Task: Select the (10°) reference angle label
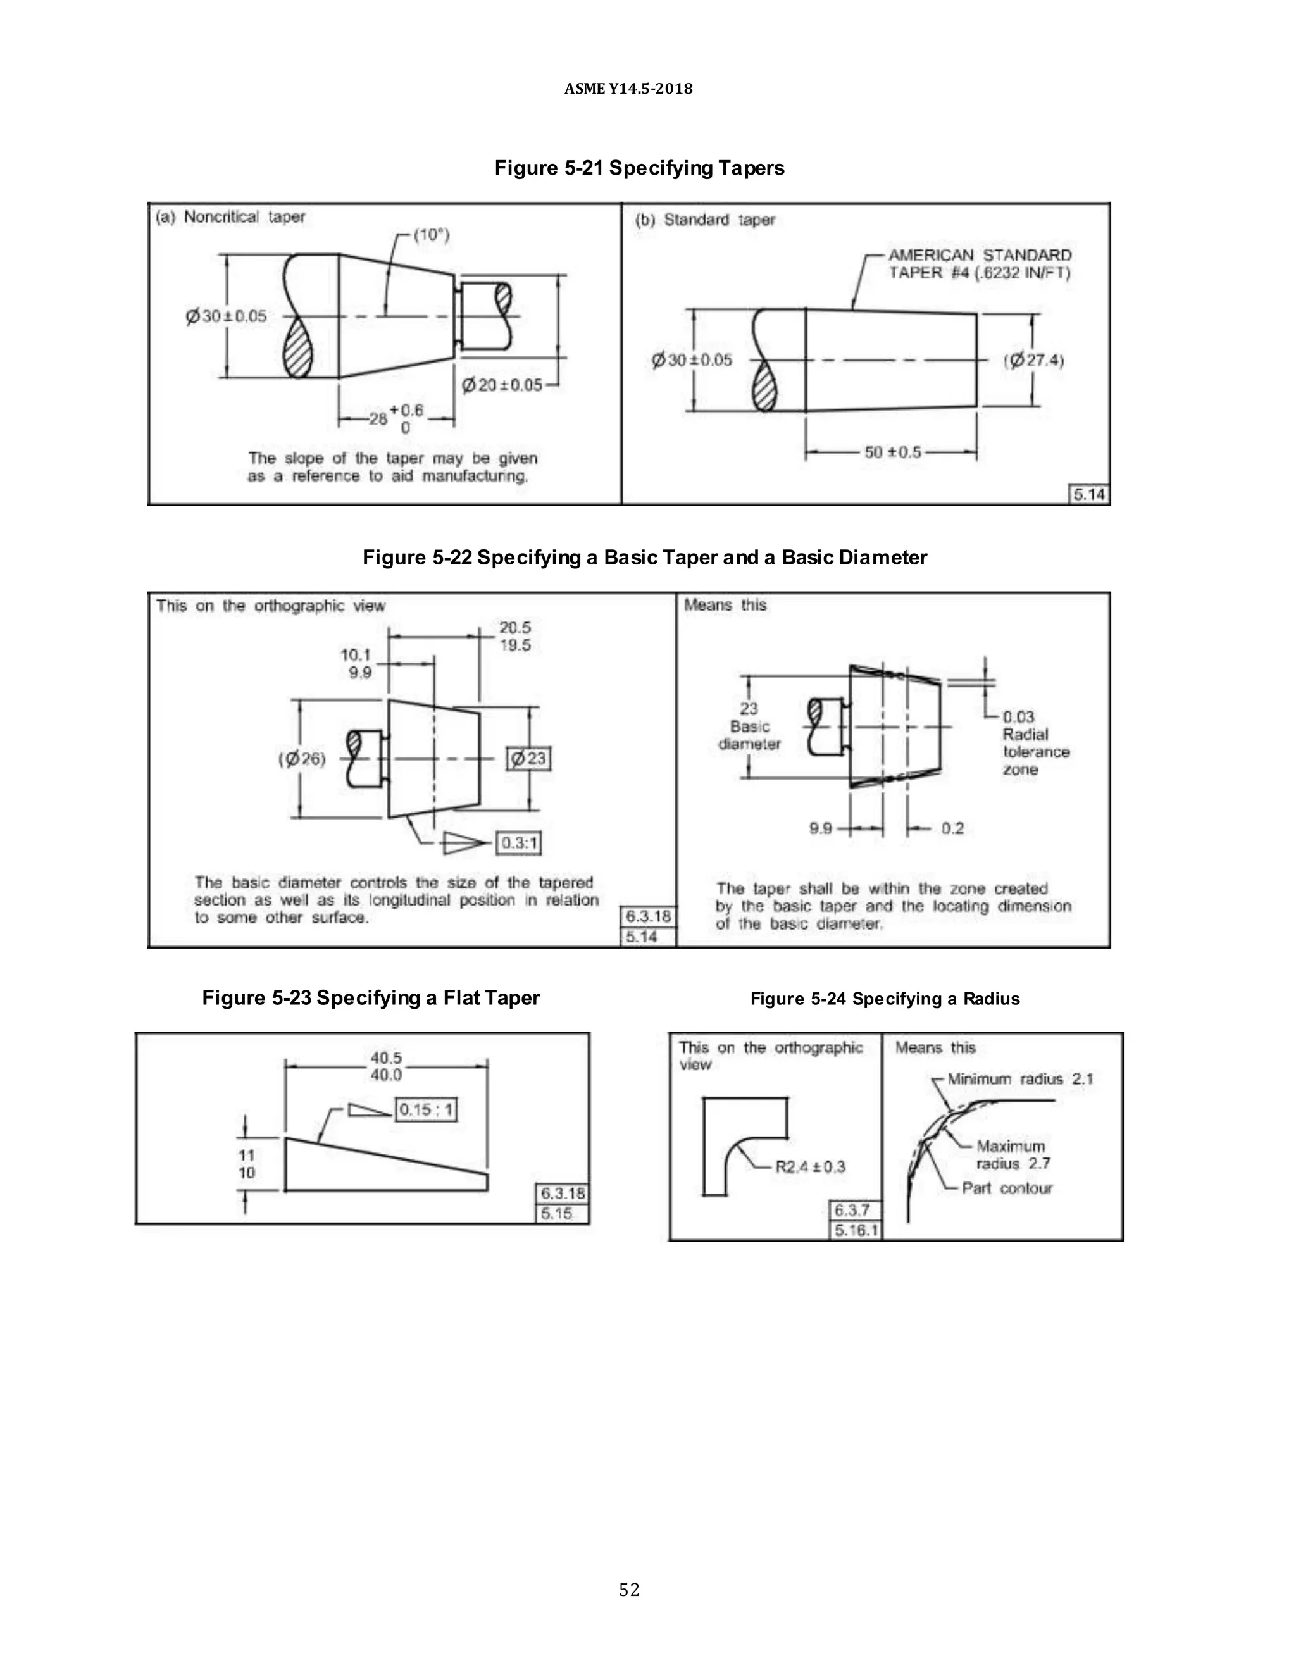click(432, 234)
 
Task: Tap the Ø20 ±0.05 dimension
click(501, 385)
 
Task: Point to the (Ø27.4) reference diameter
click(1033, 360)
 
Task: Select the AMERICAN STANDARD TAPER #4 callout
click(979, 263)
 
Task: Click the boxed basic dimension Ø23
click(529, 759)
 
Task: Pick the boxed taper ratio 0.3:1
click(519, 844)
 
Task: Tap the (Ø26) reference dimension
click(302, 759)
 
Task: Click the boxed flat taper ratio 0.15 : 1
click(426, 1109)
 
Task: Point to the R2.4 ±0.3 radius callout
click(810, 1166)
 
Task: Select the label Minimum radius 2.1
click(1019, 1079)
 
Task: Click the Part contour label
click(1007, 1188)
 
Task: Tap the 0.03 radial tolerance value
click(1018, 716)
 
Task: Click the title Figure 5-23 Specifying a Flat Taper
click(371, 997)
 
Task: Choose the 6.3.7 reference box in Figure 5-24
click(852, 1210)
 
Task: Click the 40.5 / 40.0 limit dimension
click(386, 1066)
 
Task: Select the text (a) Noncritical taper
click(230, 217)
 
